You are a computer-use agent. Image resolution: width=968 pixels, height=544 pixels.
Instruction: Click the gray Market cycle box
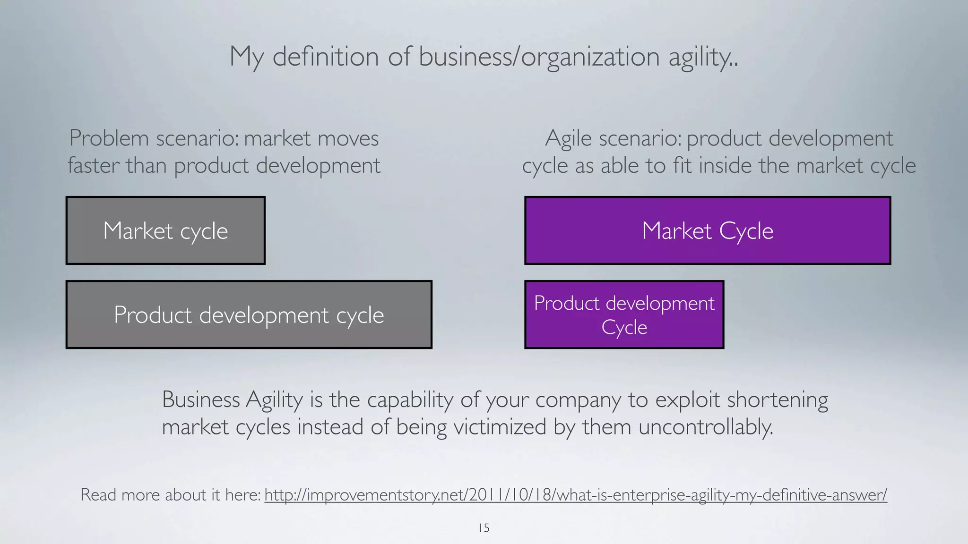(165, 230)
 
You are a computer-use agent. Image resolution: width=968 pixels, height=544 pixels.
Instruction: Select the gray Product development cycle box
(249, 314)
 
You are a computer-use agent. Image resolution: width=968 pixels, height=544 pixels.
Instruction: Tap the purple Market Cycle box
(707, 230)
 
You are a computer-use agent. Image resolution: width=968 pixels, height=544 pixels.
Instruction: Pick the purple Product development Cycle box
(624, 314)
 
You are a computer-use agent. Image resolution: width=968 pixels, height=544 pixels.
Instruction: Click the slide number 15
(484, 528)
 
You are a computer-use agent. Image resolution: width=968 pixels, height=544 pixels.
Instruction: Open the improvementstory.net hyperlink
(575, 495)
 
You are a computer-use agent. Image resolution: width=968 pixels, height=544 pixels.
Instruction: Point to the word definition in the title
(326, 57)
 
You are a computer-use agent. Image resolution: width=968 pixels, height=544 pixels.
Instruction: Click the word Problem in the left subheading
(109, 138)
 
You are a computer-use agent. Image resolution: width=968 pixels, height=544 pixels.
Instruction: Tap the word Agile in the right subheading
(568, 138)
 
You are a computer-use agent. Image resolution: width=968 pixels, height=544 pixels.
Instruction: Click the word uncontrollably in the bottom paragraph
(706, 427)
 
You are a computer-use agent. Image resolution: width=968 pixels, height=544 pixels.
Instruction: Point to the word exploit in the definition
(687, 399)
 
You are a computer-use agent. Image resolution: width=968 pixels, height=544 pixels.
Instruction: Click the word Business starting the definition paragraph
(201, 399)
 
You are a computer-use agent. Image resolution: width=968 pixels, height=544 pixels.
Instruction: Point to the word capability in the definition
(410, 399)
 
